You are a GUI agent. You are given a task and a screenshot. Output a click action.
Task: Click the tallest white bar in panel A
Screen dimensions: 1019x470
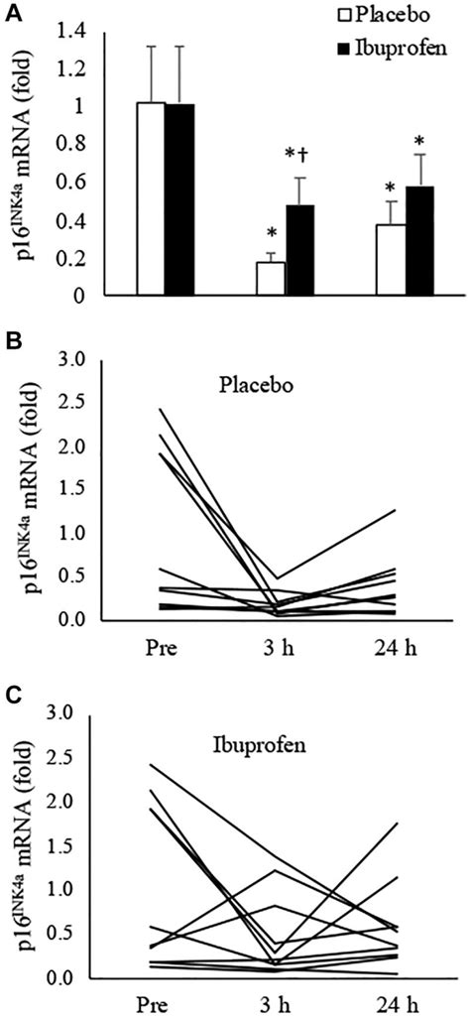(151, 198)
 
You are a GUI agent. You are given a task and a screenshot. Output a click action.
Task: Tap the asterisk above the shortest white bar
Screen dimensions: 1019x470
(271, 234)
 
